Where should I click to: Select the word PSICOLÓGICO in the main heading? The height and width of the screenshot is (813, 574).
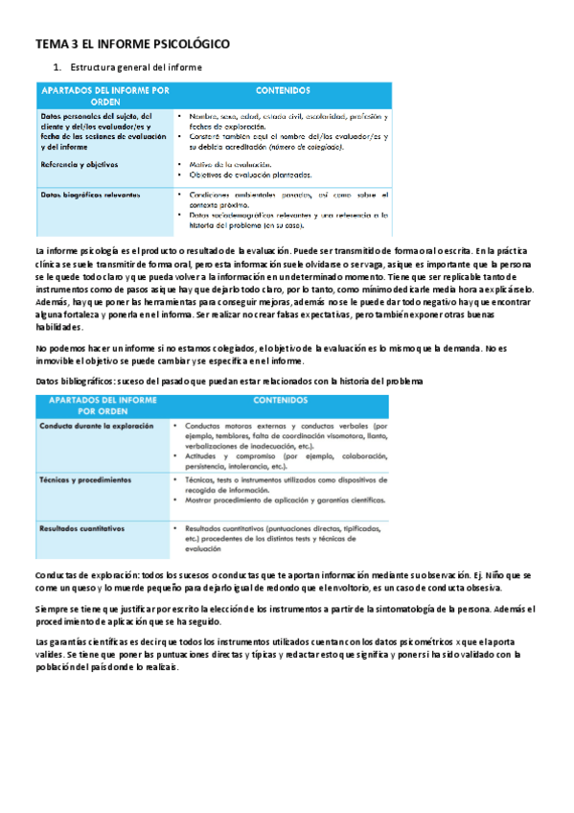point(188,44)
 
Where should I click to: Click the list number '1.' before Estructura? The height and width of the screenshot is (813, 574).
point(57,67)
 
